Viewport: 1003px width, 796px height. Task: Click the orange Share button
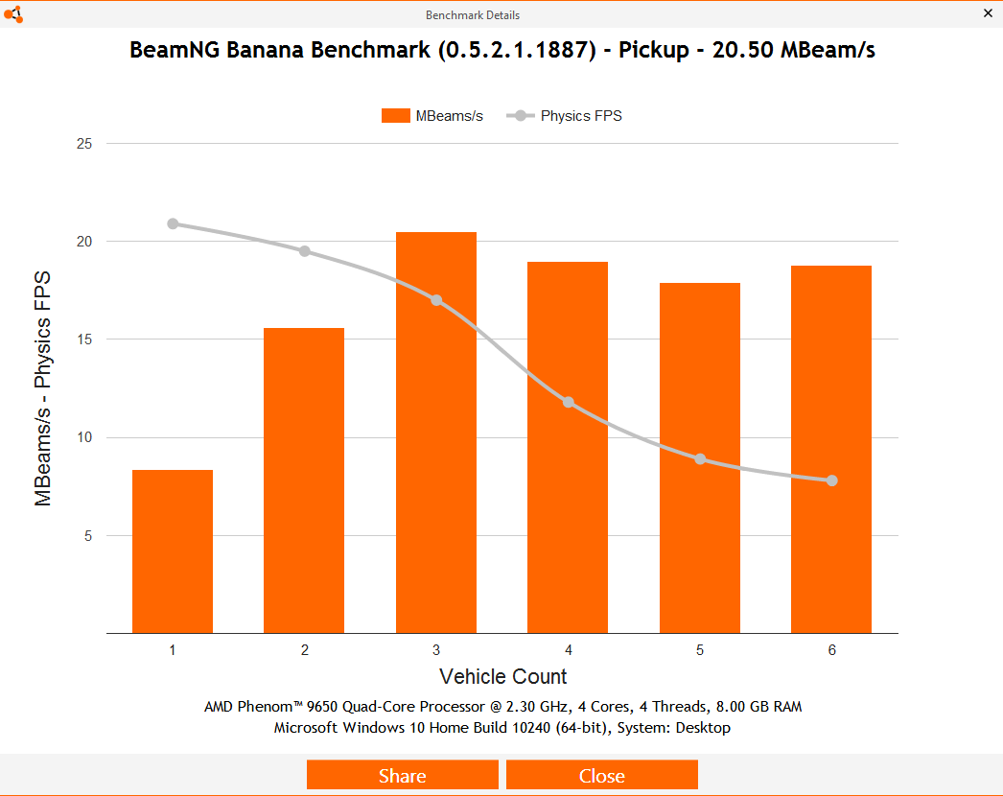pos(403,775)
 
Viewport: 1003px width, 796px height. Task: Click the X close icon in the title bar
pos(988,13)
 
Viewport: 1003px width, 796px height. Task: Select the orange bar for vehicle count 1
pos(173,551)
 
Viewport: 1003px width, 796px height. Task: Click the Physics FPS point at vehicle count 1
pos(173,223)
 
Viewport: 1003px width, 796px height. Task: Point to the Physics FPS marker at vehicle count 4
pos(569,402)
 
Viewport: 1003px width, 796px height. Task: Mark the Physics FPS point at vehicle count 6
pos(831,480)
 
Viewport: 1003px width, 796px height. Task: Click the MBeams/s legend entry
pos(432,116)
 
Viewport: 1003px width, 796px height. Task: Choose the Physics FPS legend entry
pos(566,116)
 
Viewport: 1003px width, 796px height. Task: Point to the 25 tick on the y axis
pos(84,144)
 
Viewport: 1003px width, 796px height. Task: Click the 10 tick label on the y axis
pos(84,438)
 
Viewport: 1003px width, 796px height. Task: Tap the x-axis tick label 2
pos(305,650)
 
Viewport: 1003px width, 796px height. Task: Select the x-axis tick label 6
pos(831,650)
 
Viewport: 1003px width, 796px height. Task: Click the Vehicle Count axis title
pos(502,676)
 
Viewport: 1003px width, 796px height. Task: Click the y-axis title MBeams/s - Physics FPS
pos(43,388)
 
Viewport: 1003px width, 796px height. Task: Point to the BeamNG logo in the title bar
pos(12,13)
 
